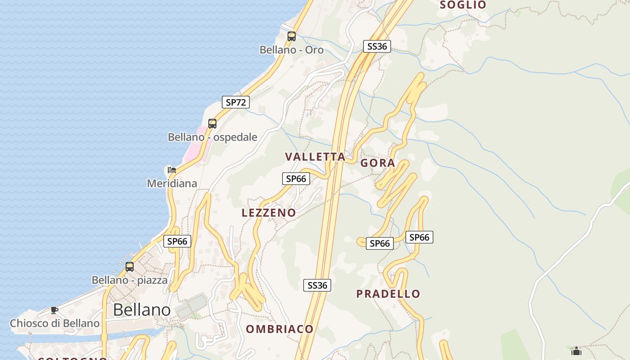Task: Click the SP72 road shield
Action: click(236, 102)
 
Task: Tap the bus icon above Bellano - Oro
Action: click(292, 36)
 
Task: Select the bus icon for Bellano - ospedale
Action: click(212, 123)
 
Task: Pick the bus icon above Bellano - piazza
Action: click(130, 266)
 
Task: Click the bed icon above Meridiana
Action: click(171, 170)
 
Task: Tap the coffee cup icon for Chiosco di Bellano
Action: click(54, 310)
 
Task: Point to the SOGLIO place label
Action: click(463, 5)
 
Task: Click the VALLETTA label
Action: click(315, 157)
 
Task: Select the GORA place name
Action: click(378, 163)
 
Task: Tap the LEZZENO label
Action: click(269, 213)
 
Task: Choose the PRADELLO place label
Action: click(388, 294)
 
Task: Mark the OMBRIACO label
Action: click(279, 329)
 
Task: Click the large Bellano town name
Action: click(142, 310)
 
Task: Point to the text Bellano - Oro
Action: click(292, 50)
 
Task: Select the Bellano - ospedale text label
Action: click(212, 137)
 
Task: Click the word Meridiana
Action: click(172, 184)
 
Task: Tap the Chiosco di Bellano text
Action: click(54, 324)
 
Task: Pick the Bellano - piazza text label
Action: click(130, 280)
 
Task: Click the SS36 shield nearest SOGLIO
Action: click(377, 46)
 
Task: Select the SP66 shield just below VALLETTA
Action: click(296, 179)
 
